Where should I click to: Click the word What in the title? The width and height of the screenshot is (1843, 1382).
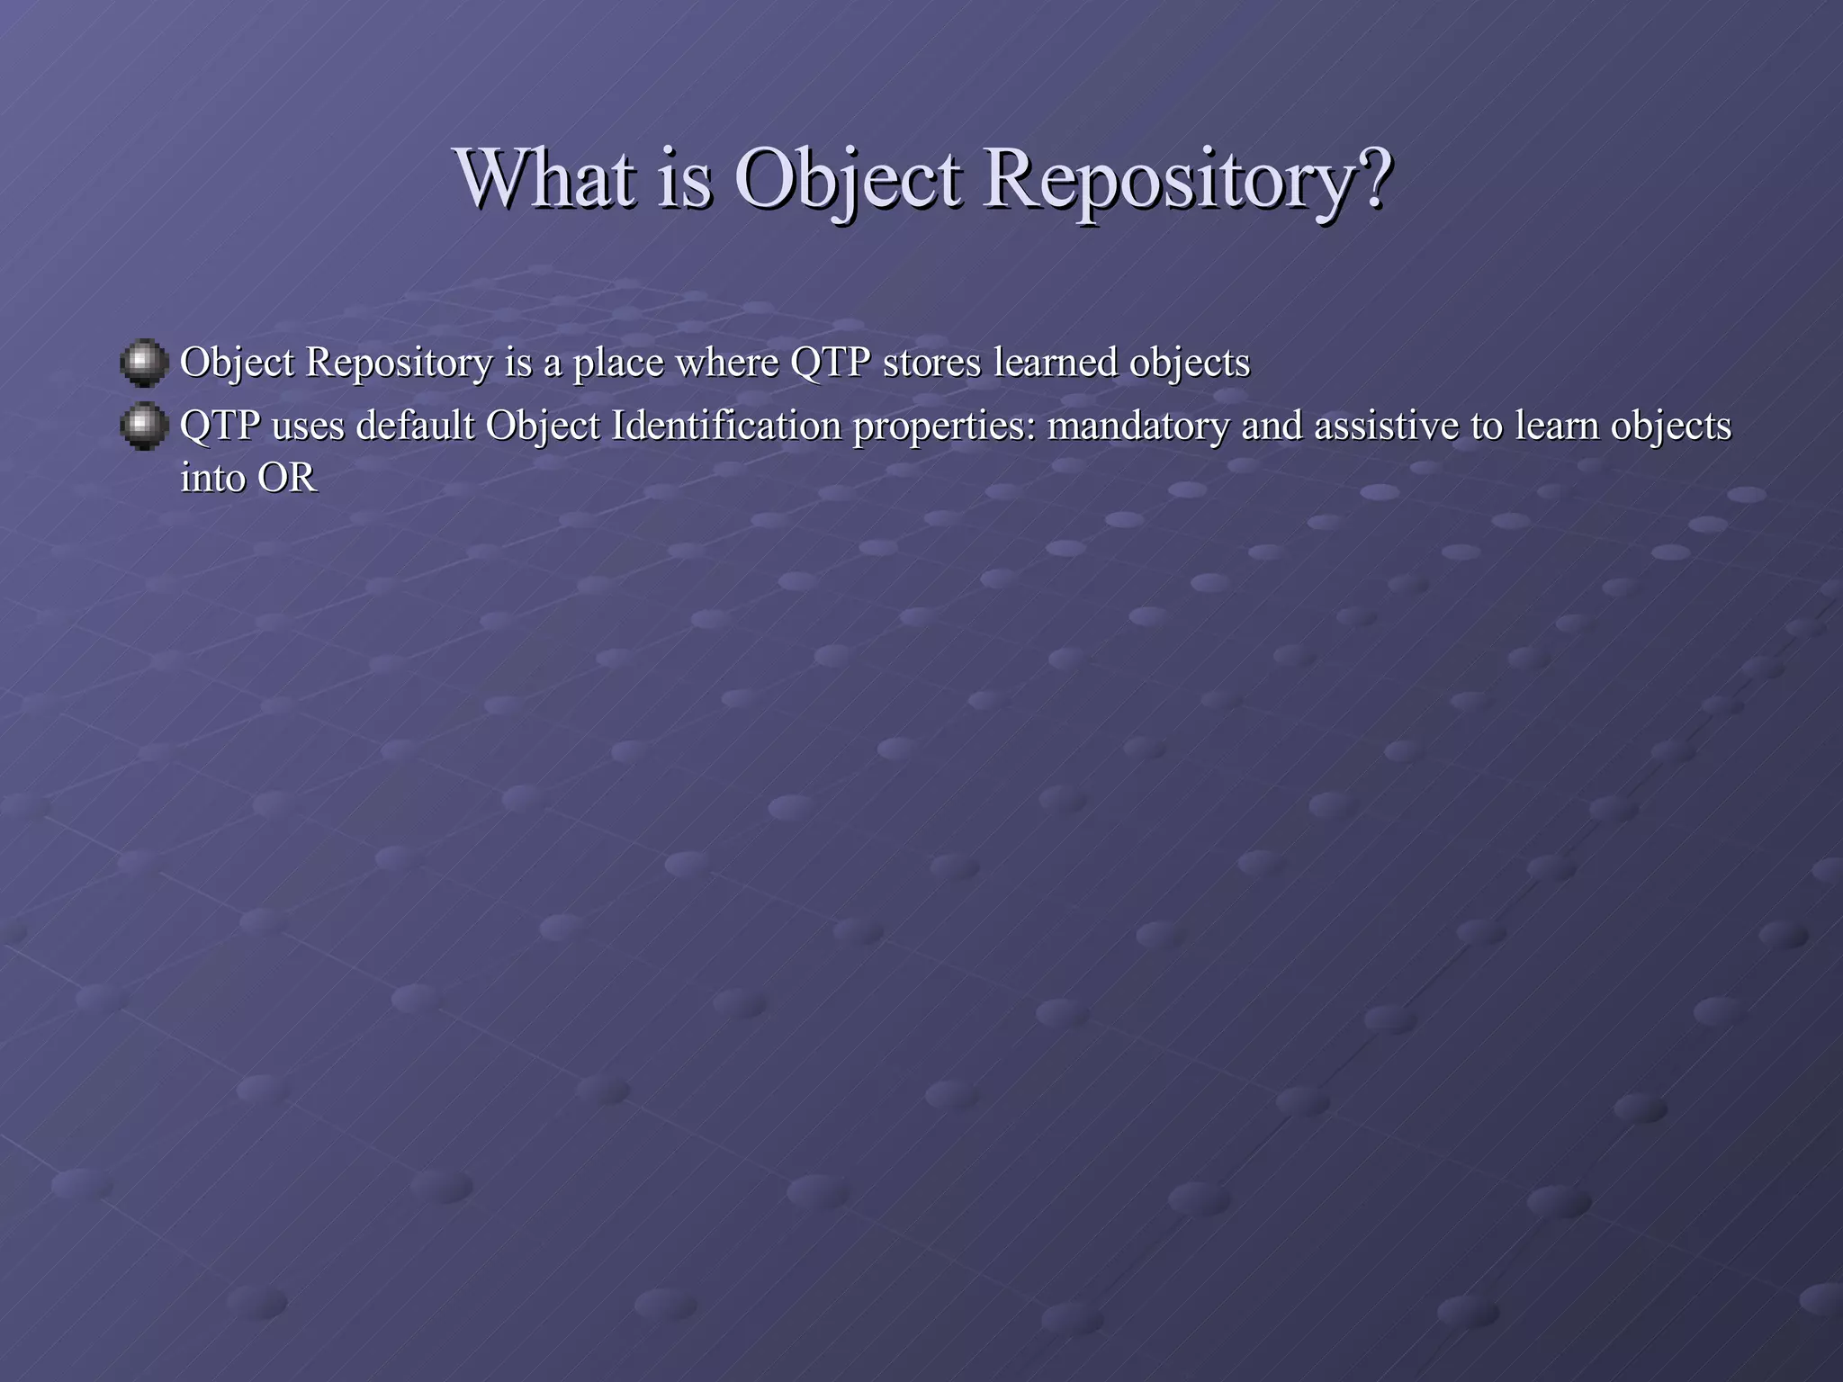[545, 178]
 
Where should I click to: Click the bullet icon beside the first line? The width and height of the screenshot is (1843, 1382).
[144, 363]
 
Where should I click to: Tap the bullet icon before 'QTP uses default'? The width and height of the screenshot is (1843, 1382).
[144, 426]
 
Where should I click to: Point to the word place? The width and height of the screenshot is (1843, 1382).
[617, 363]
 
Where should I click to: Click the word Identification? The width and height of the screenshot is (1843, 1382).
[725, 426]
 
